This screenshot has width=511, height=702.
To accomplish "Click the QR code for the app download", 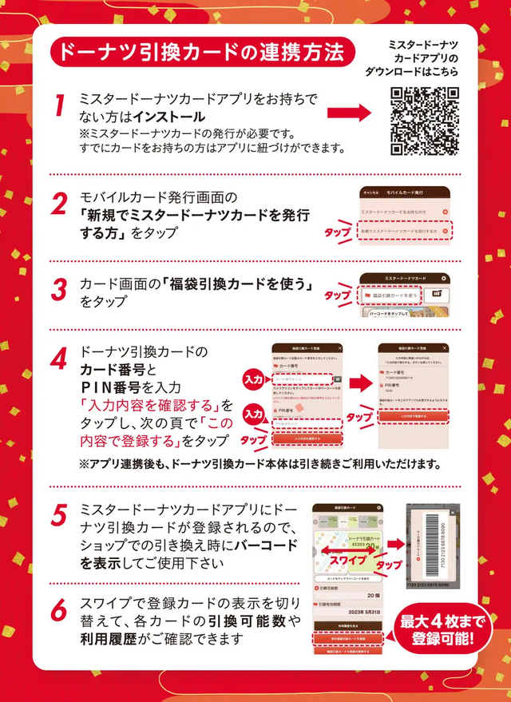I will (x=425, y=121).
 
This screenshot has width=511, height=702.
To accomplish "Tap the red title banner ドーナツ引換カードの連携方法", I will (x=199, y=53).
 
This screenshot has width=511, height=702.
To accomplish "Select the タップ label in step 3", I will (x=337, y=295).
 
